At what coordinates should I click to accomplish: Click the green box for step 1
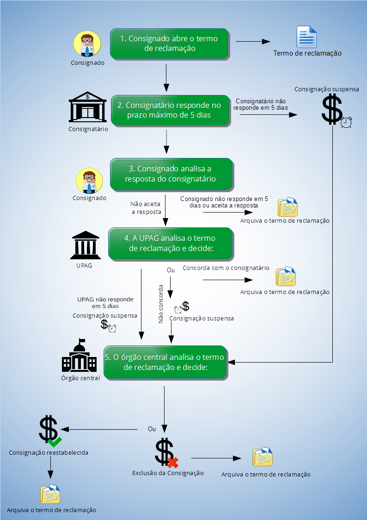tap(169, 44)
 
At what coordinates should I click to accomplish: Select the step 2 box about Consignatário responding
tap(170, 110)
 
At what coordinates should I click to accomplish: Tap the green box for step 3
tap(171, 174)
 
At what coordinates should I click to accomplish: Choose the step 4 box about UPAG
tap(170, 243)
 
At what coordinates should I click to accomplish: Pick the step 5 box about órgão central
tap(165, 362)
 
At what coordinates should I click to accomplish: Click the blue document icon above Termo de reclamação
tap(306, 37)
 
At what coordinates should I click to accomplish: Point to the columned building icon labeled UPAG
tap(86, 245)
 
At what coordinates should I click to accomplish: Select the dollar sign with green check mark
tap(49, 430)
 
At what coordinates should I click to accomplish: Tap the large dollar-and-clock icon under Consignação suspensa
tap(335, 110)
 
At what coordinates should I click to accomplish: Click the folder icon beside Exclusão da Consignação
tap(263, 457)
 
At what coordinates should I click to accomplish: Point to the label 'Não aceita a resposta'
tap(146, 208)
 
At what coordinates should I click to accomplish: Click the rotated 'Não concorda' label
tap(161, 303)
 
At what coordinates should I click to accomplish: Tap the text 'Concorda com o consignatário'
tap(226, 268)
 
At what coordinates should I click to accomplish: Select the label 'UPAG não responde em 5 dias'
tap(105, 303)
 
